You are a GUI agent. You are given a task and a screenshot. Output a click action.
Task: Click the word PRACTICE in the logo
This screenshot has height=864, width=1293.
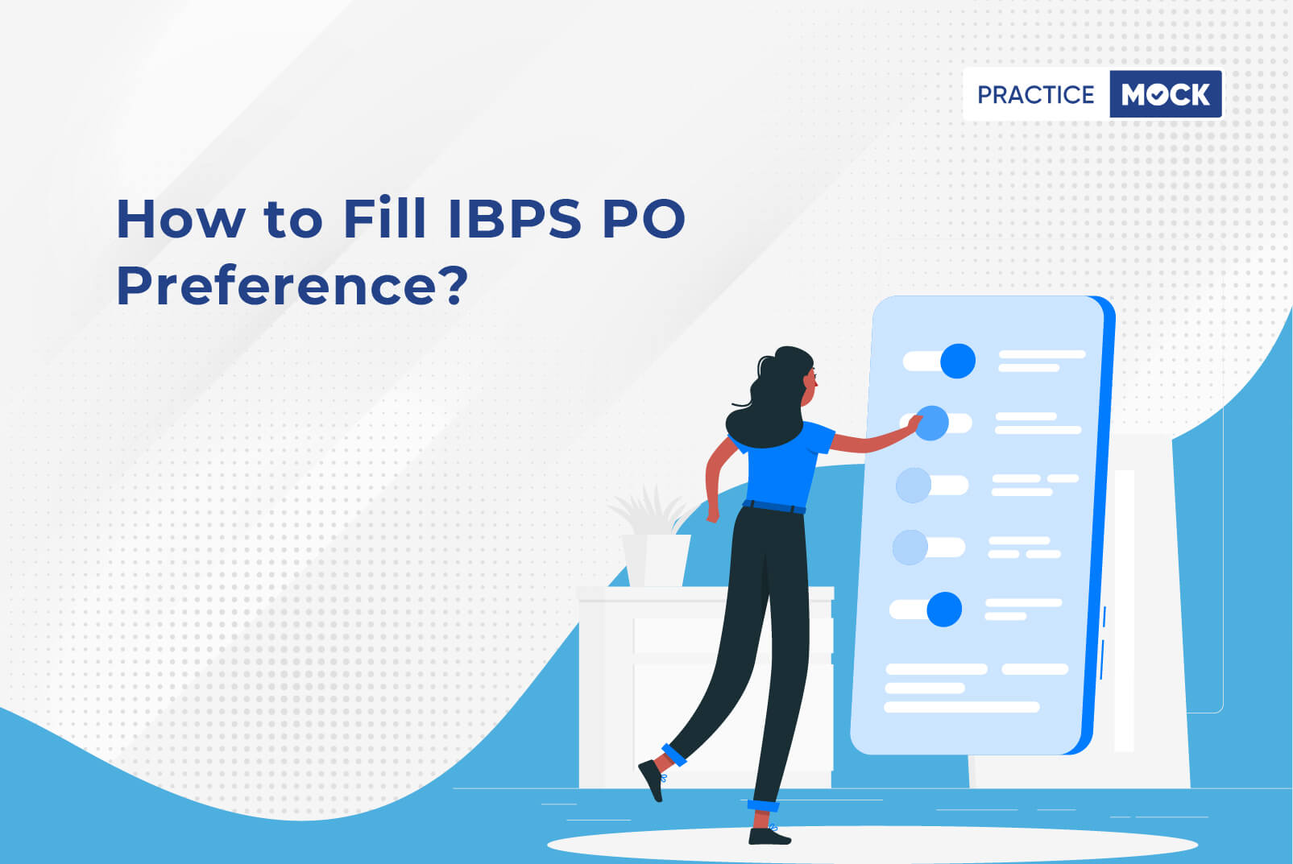click(1035, 94)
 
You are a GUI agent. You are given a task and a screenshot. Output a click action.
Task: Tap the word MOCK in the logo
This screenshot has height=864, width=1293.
click(1166, 94)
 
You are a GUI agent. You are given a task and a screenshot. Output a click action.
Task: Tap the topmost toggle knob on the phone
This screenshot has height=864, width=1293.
click(958, 361)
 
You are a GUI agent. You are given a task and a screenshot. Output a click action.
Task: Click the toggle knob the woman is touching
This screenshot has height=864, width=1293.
click(931, 423)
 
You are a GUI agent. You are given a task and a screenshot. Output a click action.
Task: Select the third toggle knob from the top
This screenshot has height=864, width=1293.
click(914, 485)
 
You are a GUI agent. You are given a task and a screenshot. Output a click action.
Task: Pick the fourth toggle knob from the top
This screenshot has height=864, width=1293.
click(910, 548)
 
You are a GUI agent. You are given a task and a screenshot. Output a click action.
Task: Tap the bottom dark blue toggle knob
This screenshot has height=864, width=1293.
click(944, 609)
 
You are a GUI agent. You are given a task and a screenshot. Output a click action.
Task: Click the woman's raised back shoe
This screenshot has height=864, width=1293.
click(653, 779)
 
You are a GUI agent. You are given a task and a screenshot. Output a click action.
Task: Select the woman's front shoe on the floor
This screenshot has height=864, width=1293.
click(769, 836)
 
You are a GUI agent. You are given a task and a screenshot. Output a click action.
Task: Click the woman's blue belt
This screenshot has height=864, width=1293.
click(773, 506)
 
